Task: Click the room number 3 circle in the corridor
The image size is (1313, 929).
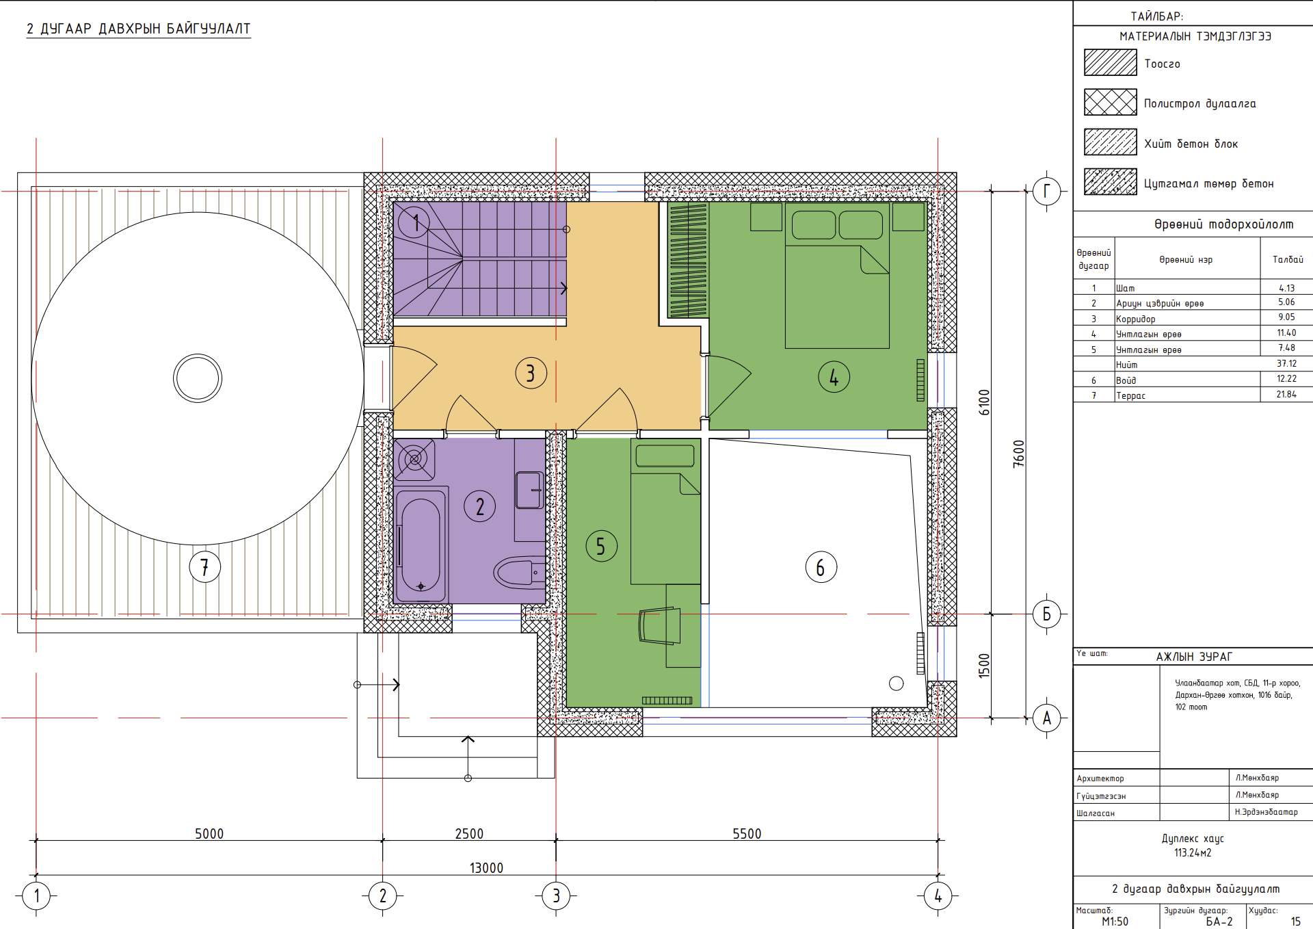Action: tap(531, 374)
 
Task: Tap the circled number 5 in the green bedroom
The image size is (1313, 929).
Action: tap(601, 546)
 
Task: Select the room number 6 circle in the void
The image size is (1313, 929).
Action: tap(821, 567)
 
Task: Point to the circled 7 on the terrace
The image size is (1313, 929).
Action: tap(204, 566)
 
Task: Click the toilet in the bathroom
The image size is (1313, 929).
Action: tap(520, 573)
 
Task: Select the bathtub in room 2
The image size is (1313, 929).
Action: tap(420, 545)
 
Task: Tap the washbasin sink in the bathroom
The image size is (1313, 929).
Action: tap(529, 490)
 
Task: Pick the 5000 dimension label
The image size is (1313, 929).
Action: tap(209, 833)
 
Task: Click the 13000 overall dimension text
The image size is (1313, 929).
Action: tap(486, 867)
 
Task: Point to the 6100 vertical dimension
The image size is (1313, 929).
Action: tap(984, 402)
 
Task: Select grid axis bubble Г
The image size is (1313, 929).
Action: tap(1046, 191)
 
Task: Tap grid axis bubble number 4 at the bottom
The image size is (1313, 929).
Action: tap(938, 895)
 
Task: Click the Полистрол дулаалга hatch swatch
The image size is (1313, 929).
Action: tap(1110, 102)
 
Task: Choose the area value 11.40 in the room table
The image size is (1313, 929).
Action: tap(1286, 332)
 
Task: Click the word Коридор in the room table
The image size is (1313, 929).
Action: tap(1136, 319)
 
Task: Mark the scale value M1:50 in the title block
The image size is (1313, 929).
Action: tap(1115, 921)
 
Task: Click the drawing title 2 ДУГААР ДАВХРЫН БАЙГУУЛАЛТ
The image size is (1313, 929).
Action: tap(139, 29)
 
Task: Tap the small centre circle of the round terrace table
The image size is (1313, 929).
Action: tap(198, 378)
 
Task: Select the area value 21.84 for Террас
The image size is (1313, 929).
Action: tap(1286, 394)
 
